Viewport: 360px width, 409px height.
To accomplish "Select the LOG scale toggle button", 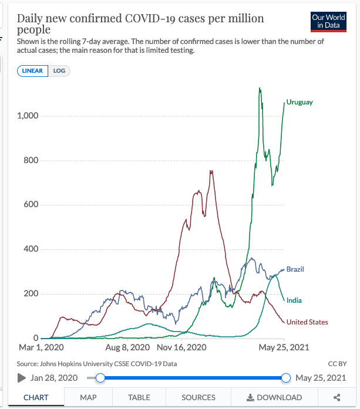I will tap(60, 71).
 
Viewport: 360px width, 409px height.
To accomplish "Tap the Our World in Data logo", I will tap(328, 22).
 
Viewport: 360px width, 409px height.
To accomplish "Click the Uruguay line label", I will tap(300, 102).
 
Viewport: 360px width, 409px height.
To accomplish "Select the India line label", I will tap(294, 300).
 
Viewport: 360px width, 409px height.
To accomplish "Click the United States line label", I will tap(307, 322).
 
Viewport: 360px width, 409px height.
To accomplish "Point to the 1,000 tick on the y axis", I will tap(28, 116).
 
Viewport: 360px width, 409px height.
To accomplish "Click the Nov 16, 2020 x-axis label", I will tap(182, 347).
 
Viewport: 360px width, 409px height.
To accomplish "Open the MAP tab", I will tap(88, 397).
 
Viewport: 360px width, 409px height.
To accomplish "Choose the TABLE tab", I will tap(139, 397).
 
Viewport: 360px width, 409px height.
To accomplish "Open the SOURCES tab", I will tap(198, 397).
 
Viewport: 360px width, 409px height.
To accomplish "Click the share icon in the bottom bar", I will tap(337, 397).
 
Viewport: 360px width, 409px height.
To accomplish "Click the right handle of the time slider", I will tap(286, 378).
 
